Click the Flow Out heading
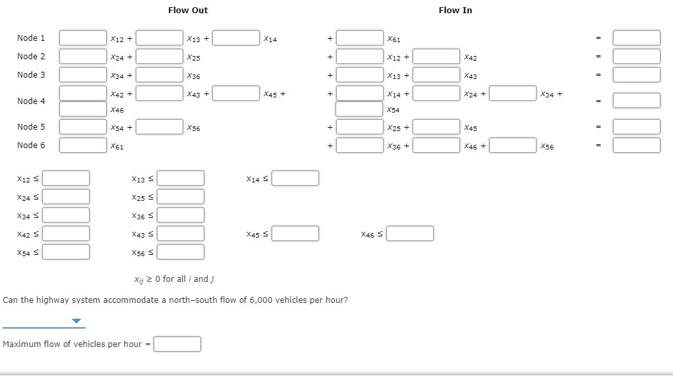(188, 10)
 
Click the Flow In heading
(455, 10)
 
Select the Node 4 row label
(31, 101)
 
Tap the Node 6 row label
(31, 145)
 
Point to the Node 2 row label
(31, 56)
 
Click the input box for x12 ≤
(67, 178)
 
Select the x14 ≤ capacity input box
(295, 178)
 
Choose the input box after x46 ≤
(410, 233)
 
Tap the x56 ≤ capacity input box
(181, 252)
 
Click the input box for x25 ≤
(181, 196)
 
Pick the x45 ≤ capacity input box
(295, 233)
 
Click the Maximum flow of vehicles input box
(177, 344)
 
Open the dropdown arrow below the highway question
(77, 321)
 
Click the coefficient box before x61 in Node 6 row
(83, 145)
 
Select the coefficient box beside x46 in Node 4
(83, 109)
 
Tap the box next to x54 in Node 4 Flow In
(359, 109)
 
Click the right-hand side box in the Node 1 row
(636, 38)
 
